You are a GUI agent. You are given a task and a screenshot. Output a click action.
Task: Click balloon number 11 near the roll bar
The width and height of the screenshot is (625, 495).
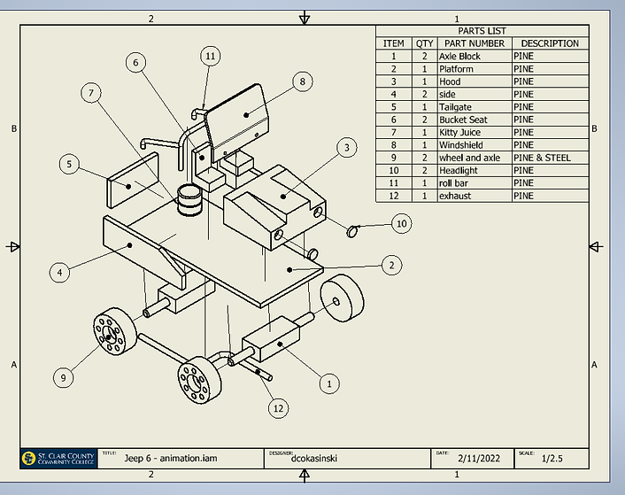coord(210,57)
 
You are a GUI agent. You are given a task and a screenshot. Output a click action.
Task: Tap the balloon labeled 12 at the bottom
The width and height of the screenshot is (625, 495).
coord(279,409)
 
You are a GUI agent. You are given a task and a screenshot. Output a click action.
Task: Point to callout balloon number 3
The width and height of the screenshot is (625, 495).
coord(347,147)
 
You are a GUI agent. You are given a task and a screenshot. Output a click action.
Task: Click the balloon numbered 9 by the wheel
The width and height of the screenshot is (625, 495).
coord(63,378)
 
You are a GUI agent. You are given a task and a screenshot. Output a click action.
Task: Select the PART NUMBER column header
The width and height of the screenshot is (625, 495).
coord(474,43)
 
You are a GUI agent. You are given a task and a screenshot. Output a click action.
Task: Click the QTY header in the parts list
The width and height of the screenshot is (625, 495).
coord(424,43)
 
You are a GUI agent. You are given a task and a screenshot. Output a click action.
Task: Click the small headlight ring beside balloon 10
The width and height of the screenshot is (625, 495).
coord(351,232)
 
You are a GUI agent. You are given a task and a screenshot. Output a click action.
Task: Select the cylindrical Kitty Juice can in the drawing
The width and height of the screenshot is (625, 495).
coord(188,200)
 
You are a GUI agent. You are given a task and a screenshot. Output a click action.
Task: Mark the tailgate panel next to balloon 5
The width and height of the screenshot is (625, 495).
coord(134,180)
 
